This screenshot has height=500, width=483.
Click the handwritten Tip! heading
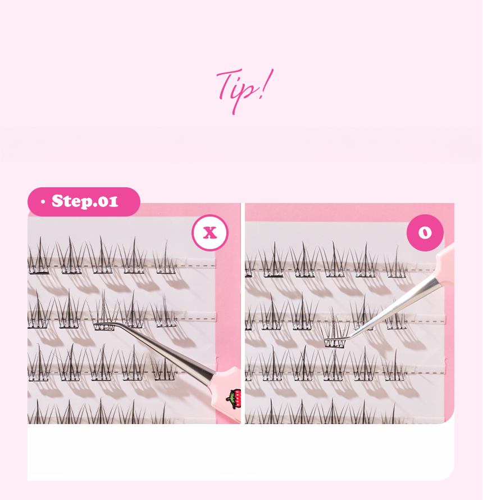pyautogui.click(x=244, y=91)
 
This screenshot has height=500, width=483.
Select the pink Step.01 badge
pyautogui.click(x=84, y=202)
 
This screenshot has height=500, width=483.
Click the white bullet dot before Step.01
pyautogui.click(x=43, y=202)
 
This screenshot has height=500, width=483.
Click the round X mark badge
pyautogui.click(x=210, y=233)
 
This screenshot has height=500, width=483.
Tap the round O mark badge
pyautogui.click(x=425, y=233)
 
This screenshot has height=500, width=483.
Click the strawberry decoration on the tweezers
pyautogui.click(x=234, y=399)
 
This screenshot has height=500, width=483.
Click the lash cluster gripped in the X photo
pyautogui.click(x=103, y=313)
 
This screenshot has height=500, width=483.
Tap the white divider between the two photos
pyautogui.click(x=243, y=313)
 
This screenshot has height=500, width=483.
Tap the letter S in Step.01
pyautogui.click(x=58, y=201)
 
